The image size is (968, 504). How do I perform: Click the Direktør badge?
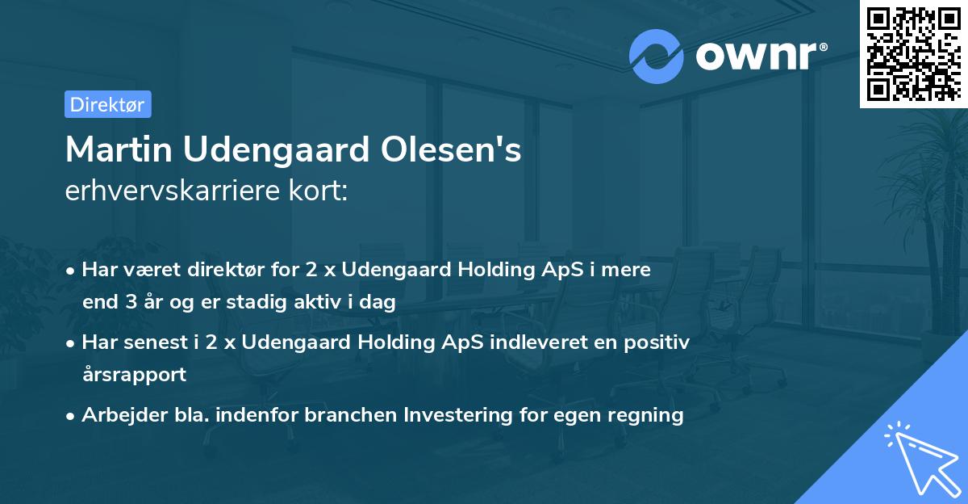[107, 104]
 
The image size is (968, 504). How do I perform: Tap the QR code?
[912, 53]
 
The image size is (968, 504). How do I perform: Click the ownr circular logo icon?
[657, 56]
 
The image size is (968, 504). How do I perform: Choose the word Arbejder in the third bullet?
[118, 415]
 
